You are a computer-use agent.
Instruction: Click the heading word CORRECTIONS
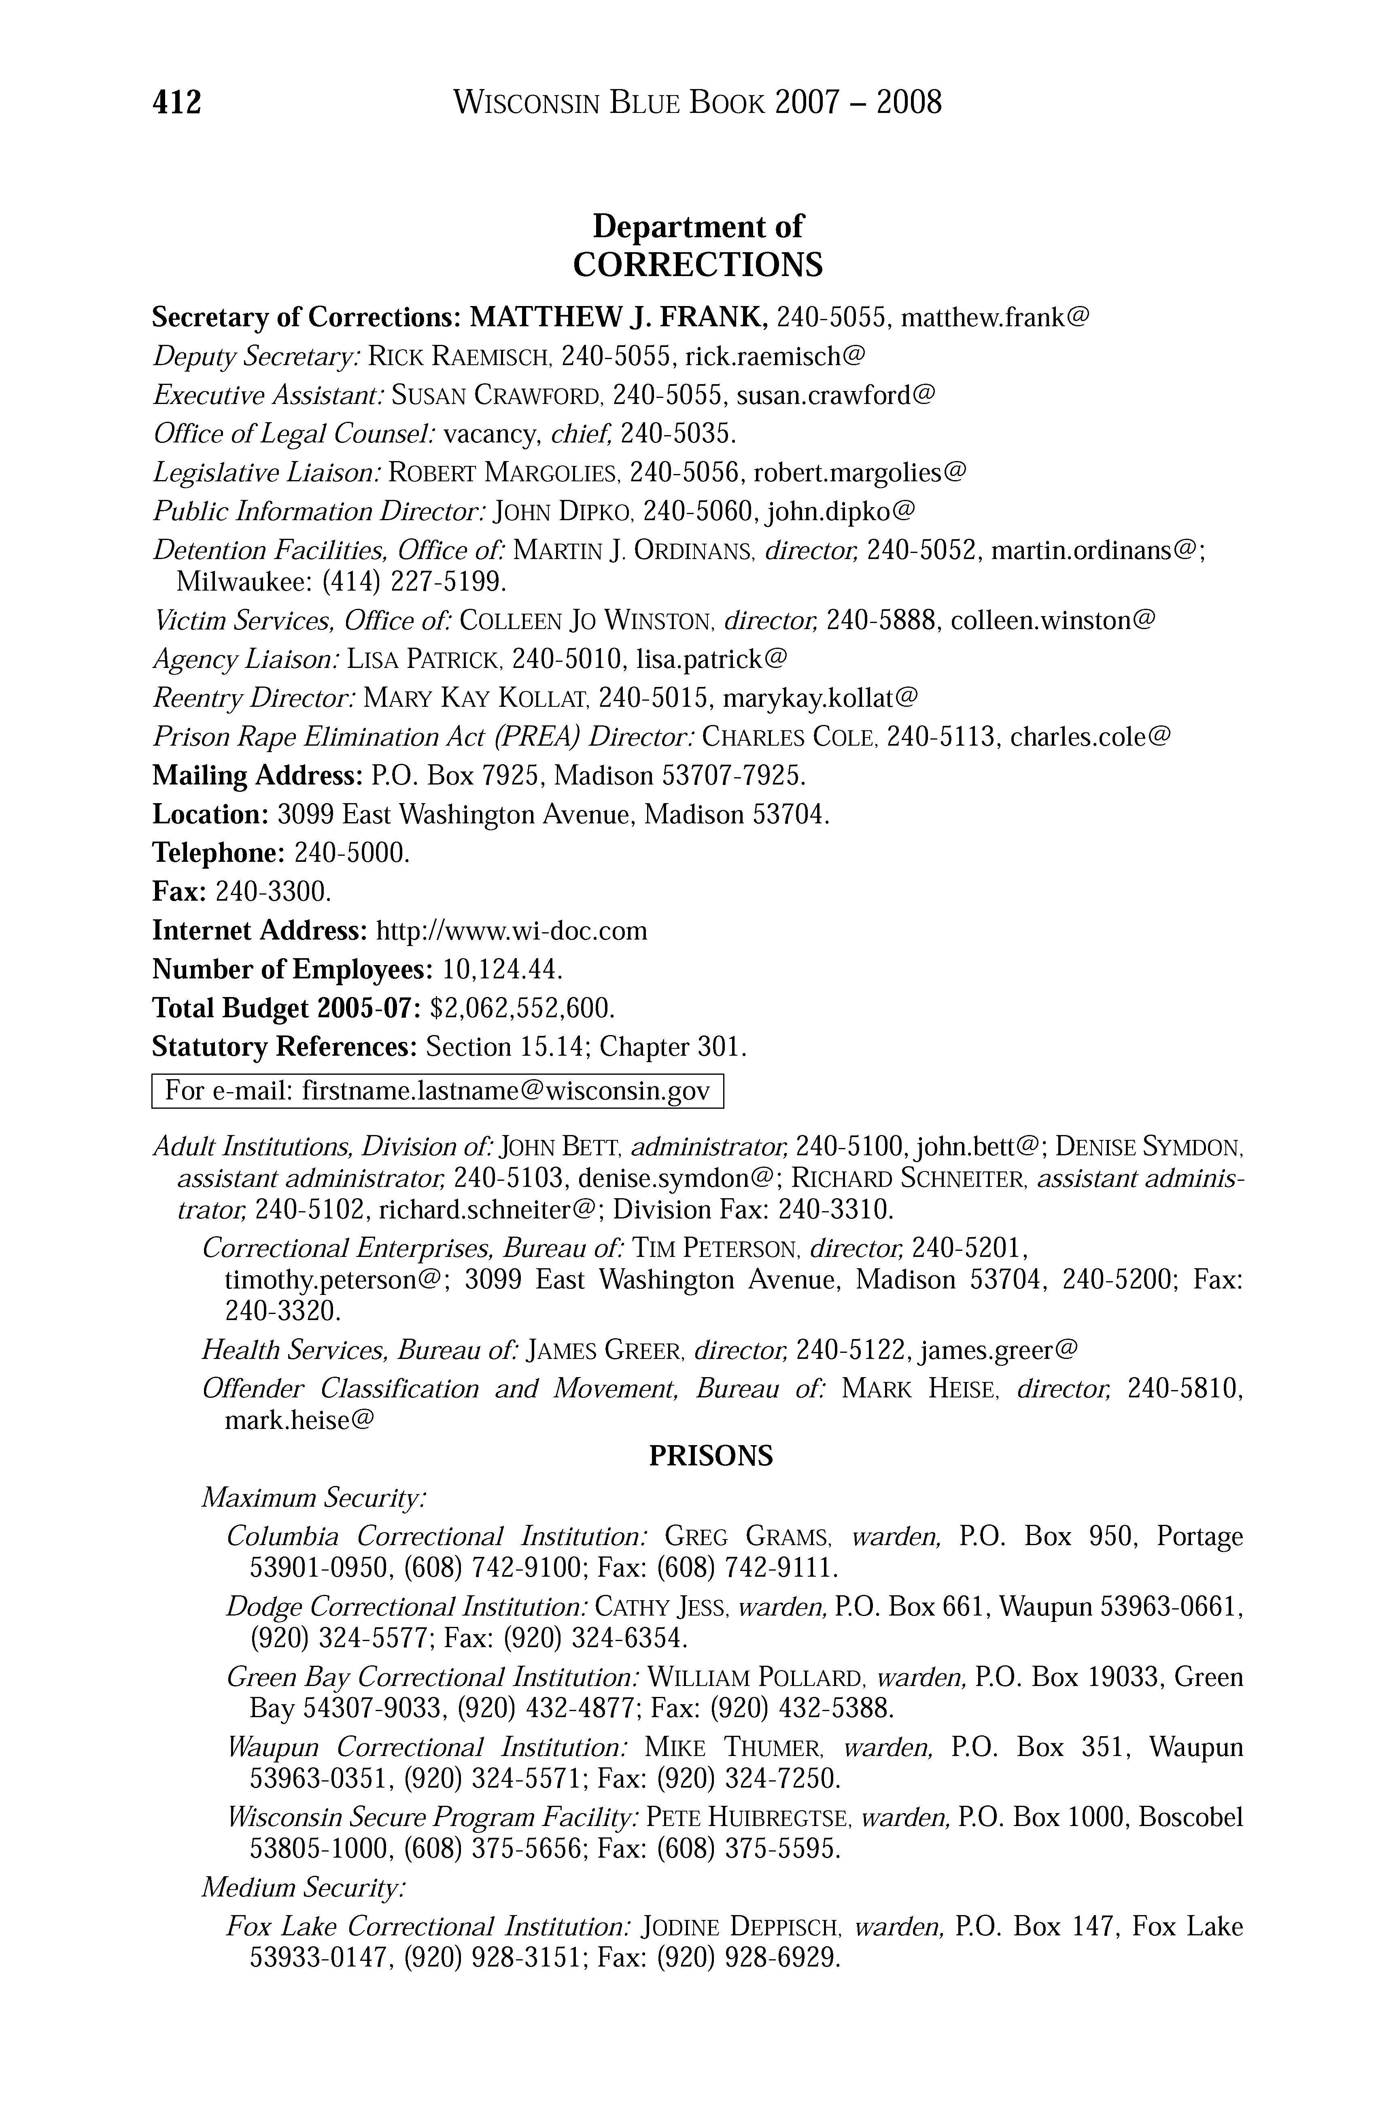(698, 265)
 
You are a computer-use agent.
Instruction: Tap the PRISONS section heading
(710, 1457)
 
